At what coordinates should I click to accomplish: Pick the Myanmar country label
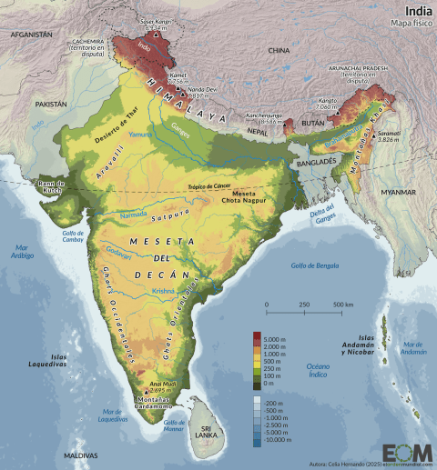pyautogui.click(x=399, y=193)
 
